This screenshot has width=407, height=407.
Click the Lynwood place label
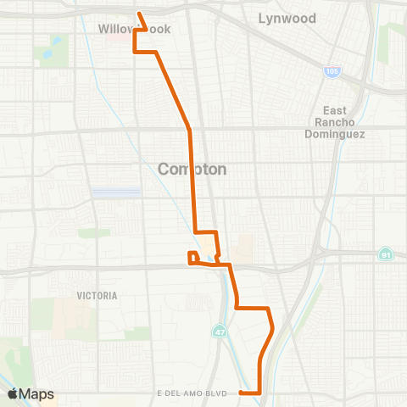coord(287,18)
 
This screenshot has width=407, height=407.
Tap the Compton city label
coord(192,169)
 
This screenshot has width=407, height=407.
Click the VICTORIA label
coord(97,296)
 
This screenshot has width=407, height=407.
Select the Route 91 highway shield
coord(386,253)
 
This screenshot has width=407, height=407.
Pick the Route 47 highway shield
coord(220,327)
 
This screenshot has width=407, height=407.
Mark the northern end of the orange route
coord(140,13)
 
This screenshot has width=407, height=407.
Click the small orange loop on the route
coord(193,258)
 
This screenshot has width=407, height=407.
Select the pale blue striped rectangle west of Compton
coord(115,192)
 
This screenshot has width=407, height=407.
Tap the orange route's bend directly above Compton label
coord(189,131)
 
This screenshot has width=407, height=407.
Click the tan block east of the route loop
coord(245,248)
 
